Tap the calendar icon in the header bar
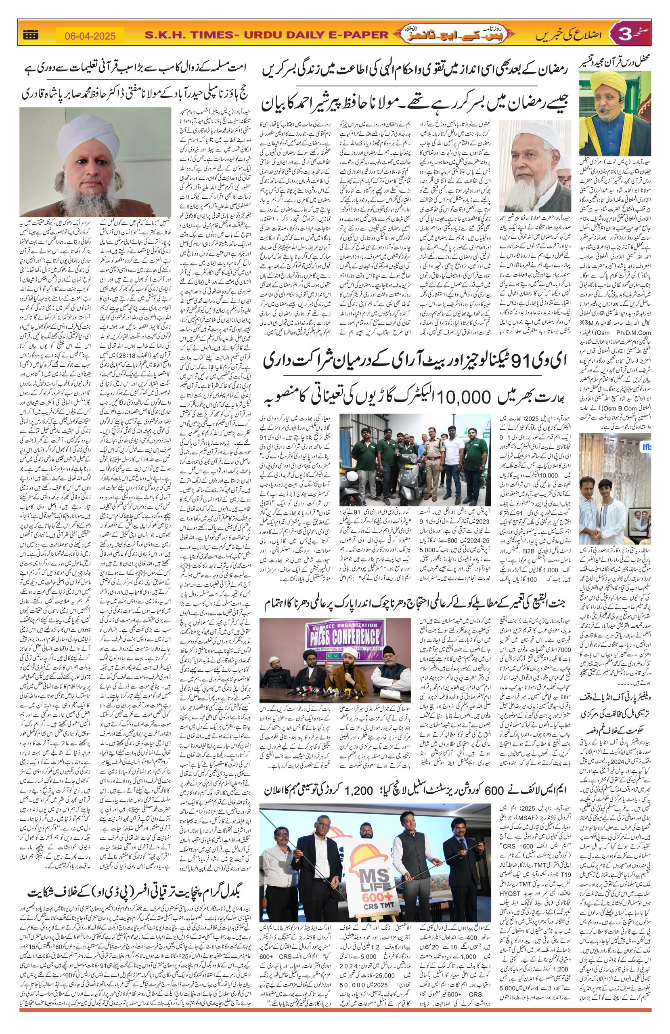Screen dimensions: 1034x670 pos(30,36)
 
